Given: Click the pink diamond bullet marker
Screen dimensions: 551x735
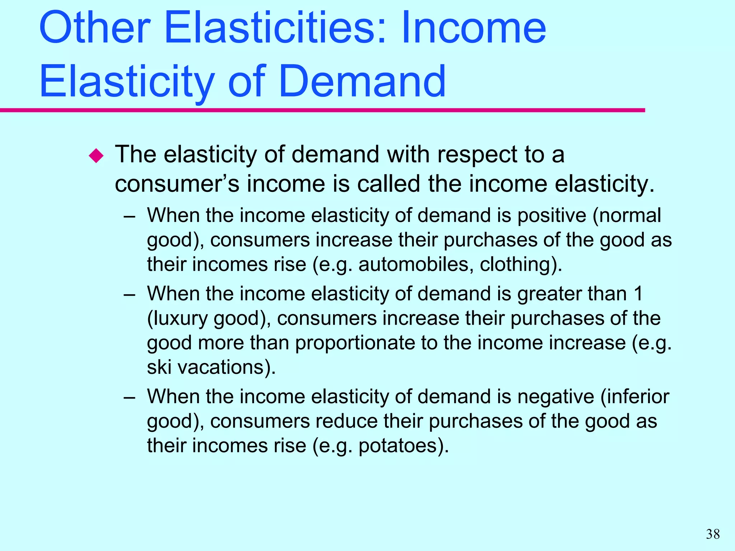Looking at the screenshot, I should (96, 156).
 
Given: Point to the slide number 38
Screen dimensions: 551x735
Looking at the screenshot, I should (713, 534).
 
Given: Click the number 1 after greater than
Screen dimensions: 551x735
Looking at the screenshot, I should (638, 294).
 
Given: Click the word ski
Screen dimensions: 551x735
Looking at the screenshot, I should (159, 367).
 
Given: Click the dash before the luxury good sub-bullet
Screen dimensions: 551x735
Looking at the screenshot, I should (129, 295).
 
